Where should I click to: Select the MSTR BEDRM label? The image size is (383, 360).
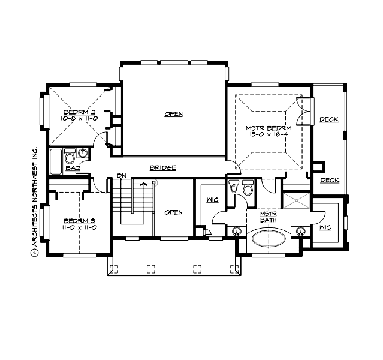coord(268,128)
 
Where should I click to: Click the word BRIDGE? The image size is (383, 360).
coord(162,168)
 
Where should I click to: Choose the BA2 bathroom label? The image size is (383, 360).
coord(73,169)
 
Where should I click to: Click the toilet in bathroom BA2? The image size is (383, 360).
coord(70,158)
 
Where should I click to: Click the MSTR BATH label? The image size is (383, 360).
coord(267,217)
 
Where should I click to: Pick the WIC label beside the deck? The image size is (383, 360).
coord(325,228)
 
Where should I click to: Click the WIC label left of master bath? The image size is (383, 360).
coord(211,200)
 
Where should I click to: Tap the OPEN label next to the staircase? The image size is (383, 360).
coord(173,212)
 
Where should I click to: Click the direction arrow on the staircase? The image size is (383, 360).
coord(143,184)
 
